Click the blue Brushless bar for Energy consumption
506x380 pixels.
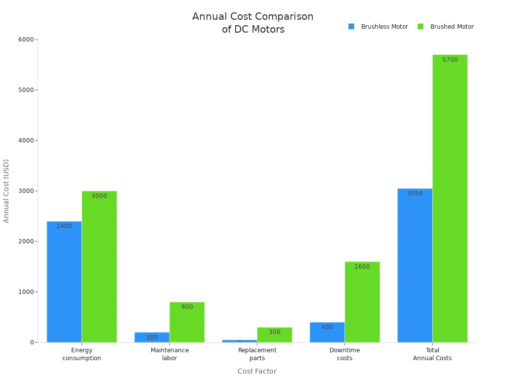pos(64,282)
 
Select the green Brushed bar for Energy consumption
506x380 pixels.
pos(99,267)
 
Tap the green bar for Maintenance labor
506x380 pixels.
pos(187,322)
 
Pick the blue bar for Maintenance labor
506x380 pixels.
pos(152,337)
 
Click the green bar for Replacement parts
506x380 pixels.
pos(274,335)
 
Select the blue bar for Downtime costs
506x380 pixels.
pos(327,332)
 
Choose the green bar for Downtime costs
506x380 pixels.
pos(362,302)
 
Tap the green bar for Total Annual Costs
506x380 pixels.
pos(450,198)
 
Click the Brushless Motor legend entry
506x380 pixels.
pos(379,27)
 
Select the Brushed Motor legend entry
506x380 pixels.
pos(446,27)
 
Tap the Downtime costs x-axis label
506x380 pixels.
pos(344,354)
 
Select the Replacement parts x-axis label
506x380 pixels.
pos(257,354)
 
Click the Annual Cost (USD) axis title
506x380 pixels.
pos(6,191)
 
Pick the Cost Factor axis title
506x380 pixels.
pos(257,371)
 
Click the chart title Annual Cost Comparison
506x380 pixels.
pos(253,23)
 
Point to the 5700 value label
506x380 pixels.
pos(450,60)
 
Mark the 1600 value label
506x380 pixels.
pos(362,267)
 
